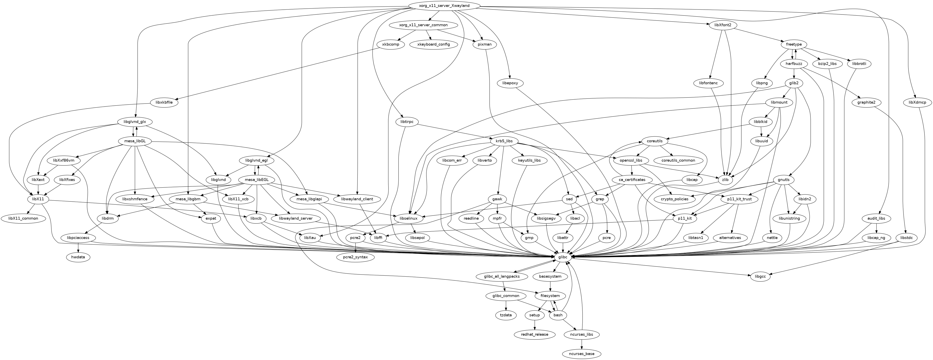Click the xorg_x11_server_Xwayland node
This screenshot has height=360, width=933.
[444, 6]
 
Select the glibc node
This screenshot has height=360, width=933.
[562, 257]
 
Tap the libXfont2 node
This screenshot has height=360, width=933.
[723, 25]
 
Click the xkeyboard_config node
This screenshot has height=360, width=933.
[433, 44]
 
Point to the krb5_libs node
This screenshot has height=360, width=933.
[504, 141]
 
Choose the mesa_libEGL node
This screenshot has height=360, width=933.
[257, 180]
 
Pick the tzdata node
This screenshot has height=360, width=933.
[506, 315]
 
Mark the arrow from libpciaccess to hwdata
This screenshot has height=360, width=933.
[78, 247]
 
